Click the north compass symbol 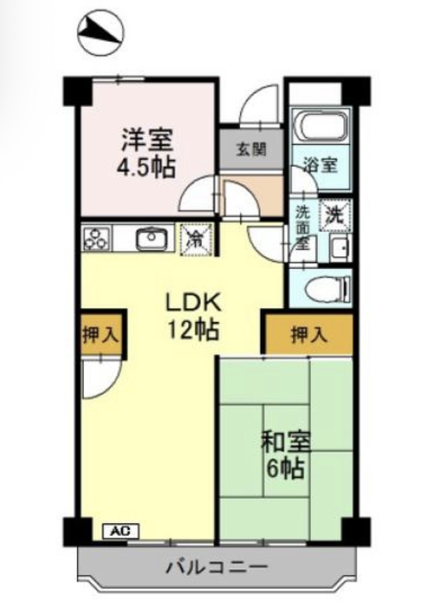(101, 33)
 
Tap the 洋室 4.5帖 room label (147, 153)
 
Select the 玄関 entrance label (251, 150)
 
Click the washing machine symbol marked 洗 (335, 213)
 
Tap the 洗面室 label (302, 228)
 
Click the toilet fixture (327, 288)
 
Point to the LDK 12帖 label (193, 315)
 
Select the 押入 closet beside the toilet (309, 335)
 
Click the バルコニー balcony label (217, 567)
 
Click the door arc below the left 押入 (101, 379)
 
